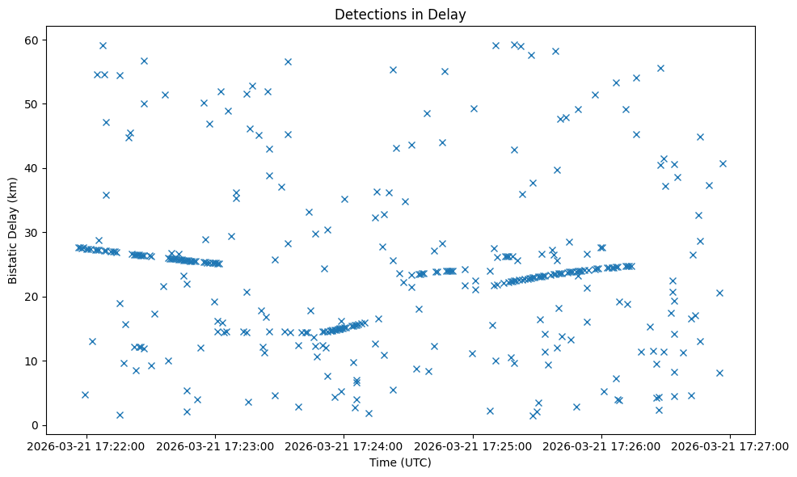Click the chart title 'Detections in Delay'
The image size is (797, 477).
point(400,15)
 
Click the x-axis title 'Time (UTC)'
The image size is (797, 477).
point(400,462)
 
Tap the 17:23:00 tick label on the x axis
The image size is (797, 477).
point(216,445)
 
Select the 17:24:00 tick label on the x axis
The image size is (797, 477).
point(344,445)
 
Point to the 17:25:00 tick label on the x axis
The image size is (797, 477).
point(473,445)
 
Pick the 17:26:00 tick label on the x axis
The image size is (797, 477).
point(601,445)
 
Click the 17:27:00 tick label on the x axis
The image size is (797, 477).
point(730,445)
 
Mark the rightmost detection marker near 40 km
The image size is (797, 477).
point(723,163)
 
